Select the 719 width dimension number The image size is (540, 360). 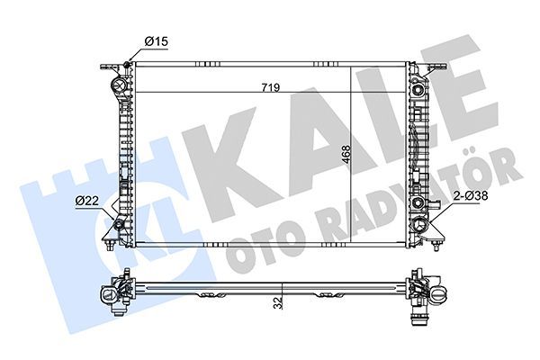point(270,87)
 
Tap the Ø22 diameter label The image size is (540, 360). point(87,200)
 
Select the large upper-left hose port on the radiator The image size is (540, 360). point(119,87)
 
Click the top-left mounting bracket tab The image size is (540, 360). point(109,67)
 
